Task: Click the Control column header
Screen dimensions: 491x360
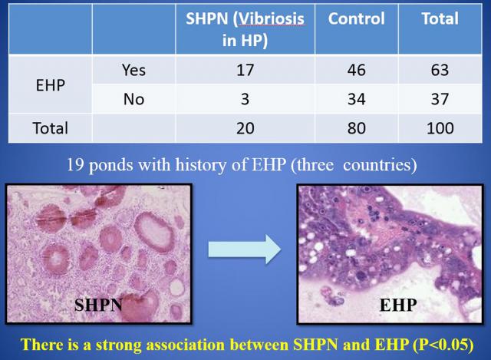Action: click(x=356, y=18)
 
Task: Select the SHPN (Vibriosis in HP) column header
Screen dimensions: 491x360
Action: click(x=245, y=29)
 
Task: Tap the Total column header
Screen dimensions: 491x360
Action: click(x=440, y=18)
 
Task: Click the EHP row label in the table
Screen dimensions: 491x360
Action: click(x=51, y=85)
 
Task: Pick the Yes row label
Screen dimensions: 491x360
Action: click(x=133, y=70)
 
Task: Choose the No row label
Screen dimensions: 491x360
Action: click(x=133, y=99)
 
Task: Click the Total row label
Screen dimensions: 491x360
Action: click(x=51, y=128)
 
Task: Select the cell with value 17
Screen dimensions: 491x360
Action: click(x=245, y=70)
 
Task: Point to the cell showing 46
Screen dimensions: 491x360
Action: click(x=357, y=70)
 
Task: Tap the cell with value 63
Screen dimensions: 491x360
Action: click(x=440, y=70)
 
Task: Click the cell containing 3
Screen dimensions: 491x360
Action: click(x=245, y=99)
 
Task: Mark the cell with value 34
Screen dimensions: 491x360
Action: click(x=357, y=99)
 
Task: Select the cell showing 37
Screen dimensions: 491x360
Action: click(x=440, y=99)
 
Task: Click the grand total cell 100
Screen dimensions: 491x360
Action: click(x=440, y=128)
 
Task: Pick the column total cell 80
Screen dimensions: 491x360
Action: click(x=357, y=128)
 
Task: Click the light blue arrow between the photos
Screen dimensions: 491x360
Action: click(x=245, y=249)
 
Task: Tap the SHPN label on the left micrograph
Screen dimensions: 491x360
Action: click(x=98, y=305)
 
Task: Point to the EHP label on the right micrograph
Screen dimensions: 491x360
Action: click(x=398, y=305)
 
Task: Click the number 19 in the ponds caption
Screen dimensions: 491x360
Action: click(x=75, y=164)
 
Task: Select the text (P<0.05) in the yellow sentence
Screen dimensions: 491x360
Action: click(x=443, y=345)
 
